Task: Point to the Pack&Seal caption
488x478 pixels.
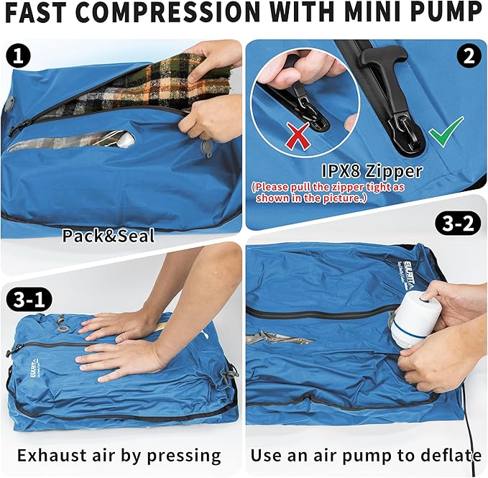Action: (108, 235)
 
